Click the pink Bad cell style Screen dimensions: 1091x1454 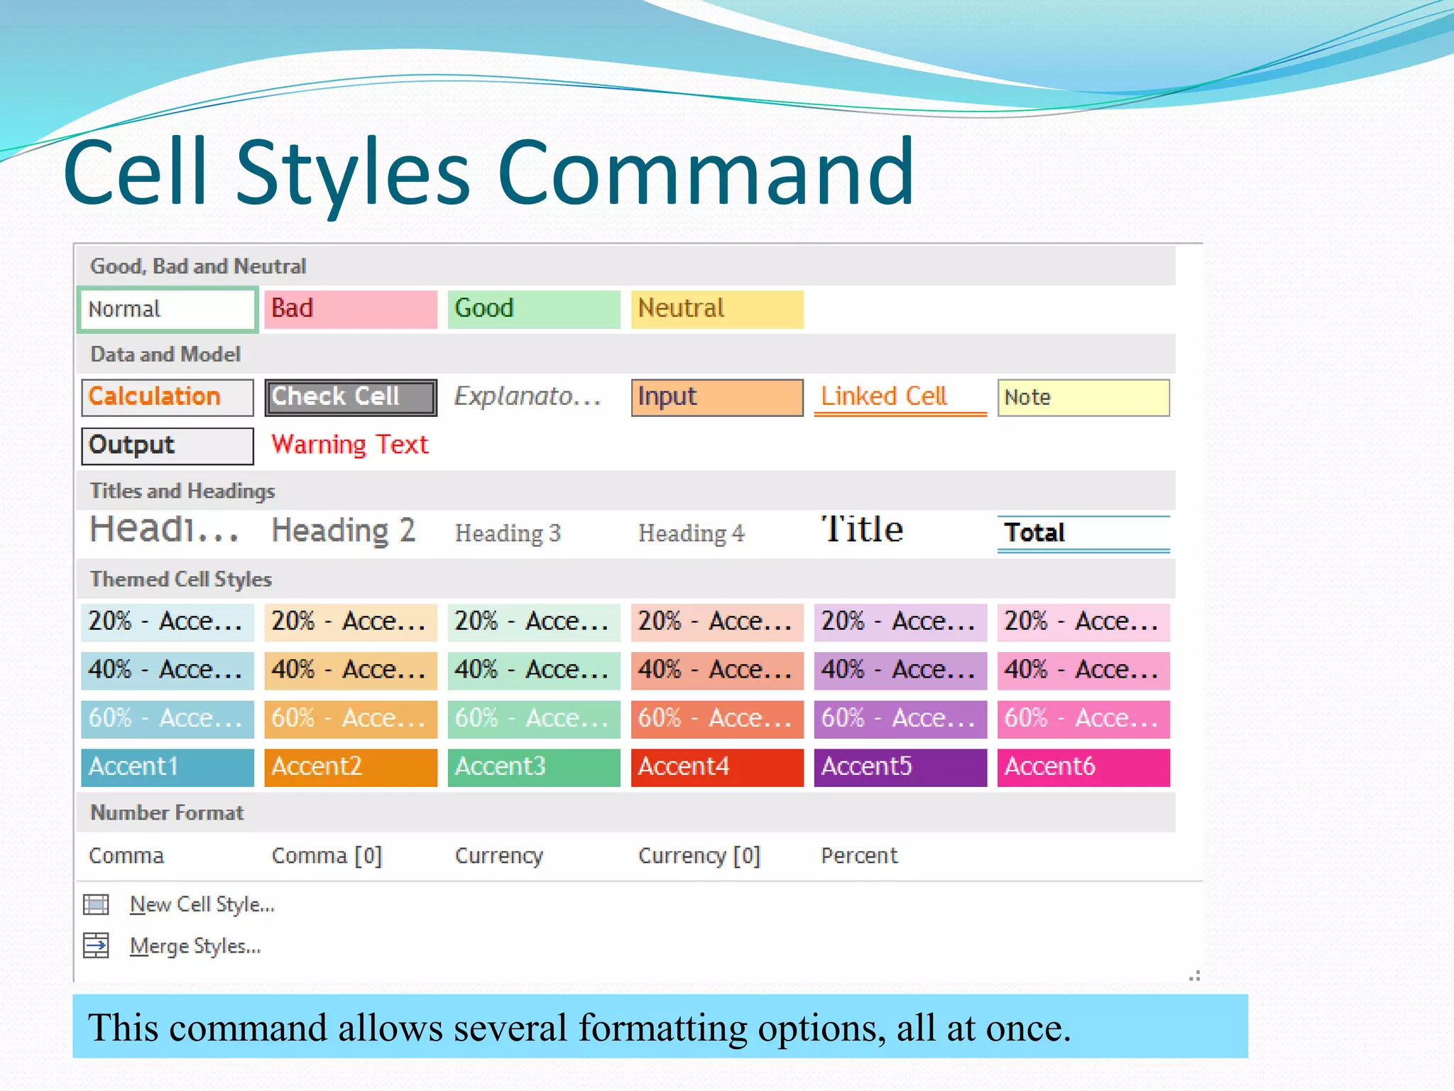pos(350,309)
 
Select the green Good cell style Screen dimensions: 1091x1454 pos(533,309)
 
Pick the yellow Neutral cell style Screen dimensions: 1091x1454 pos(717,309)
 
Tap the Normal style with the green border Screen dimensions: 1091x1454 pos(167,309)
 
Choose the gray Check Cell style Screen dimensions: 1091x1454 pos(350,397)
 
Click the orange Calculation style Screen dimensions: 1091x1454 pos(167,397)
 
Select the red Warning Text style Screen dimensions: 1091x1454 pos(350,445)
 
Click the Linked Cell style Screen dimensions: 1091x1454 pos(900,397)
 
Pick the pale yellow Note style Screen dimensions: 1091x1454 pos(1083,397)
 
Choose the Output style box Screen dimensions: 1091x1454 pos(167,445)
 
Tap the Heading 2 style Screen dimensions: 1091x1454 pos(344,531)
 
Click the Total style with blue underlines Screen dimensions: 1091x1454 pos(1083,533)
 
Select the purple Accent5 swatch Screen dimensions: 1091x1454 pos(900,767)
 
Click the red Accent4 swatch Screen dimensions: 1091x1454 pos(717,767)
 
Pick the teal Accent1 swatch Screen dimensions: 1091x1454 pos(167,767)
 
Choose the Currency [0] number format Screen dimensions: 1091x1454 pos(699,856)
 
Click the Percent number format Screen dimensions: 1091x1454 pos(859,856)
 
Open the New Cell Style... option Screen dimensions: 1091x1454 pos(202,905)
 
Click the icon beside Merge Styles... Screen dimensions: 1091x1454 pos(96,945)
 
